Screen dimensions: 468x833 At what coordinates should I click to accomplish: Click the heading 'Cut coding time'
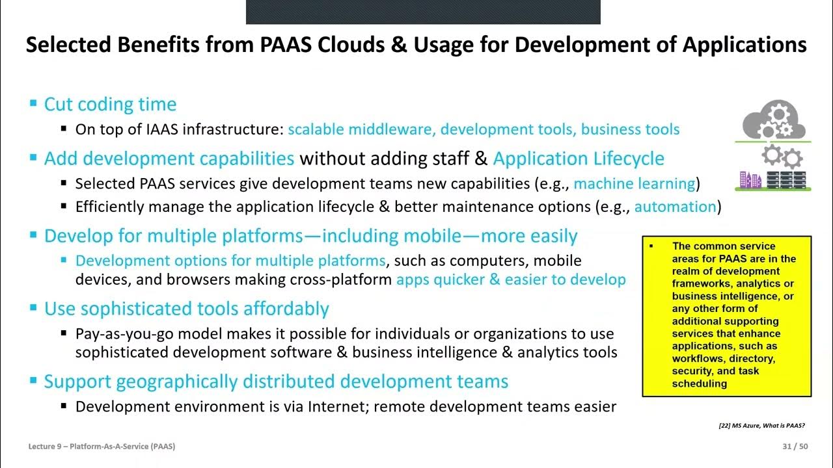(x=110, y=104)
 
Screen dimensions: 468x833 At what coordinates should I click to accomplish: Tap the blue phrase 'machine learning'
(x=635, y=183)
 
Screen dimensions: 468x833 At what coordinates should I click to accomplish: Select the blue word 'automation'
(x=676, y=207)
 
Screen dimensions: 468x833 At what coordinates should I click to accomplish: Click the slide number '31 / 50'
(x=795, y=447)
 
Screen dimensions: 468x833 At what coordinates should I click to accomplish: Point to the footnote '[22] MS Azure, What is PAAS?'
(x=761, y=426)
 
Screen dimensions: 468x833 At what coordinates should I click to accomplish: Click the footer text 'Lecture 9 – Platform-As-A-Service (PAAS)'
(x=102, y=447)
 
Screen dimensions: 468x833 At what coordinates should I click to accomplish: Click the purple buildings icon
(x=750, y=179)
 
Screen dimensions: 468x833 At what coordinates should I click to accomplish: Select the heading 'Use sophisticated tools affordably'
(x=187, y=308)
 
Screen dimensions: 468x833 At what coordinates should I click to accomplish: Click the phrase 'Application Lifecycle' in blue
(x=579, y=159)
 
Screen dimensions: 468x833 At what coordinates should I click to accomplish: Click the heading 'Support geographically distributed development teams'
(x=276, y=381)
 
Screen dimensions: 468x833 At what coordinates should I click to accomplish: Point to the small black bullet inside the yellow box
(x=651, y=246)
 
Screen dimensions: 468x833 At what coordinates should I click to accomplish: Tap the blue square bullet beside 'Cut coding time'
(x=34, y=104)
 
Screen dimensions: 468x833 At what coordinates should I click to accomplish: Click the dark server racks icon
(x=786, y=179)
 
